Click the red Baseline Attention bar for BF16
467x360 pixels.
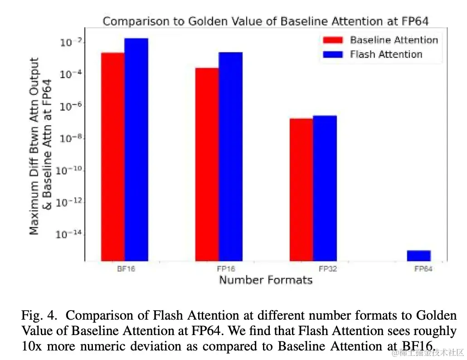click(x=113, y=156)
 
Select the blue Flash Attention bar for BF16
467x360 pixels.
click(x=136, y=150)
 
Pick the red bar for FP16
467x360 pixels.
click(x=207, y=164)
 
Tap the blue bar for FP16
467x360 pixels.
click(x=231, y=156)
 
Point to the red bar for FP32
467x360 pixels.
click(x=302, y=190)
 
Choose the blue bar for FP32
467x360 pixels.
click(x=325, y=188)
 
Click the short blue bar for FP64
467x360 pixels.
click(x=418, y=256)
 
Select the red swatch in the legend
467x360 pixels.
click(x=333, y=40)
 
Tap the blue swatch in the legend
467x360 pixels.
click(x=333, y=54)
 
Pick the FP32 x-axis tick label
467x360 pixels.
click(x=328, y=269)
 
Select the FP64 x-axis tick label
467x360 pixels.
click(x=423, y=269)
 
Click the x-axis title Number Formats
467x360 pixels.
click(x=266, y=280)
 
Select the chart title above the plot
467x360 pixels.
click(x=265, y=21)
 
